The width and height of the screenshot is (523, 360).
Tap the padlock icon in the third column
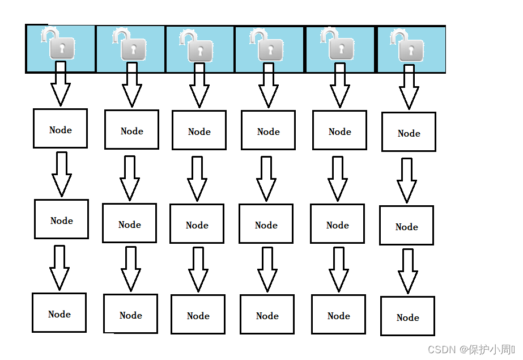(197, 46)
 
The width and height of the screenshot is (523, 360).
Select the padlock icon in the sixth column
(408, 46)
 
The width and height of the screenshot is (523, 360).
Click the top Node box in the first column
(60, 129)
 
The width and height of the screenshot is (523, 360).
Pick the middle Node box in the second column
(129, 223)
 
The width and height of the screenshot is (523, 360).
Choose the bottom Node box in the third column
(198, 314)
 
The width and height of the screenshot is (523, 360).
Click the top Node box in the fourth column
(268, 130)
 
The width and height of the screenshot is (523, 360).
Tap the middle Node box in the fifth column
(337, 224)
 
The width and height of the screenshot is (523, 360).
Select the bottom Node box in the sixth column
(407, 316)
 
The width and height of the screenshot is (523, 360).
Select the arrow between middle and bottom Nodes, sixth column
(407, 270)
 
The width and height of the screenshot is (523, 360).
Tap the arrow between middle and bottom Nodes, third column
(198, 269)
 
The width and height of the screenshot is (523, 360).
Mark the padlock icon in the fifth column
(338, 45)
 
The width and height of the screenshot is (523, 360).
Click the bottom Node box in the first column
(59, 312)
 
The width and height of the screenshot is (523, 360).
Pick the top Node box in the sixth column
(409, 132)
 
